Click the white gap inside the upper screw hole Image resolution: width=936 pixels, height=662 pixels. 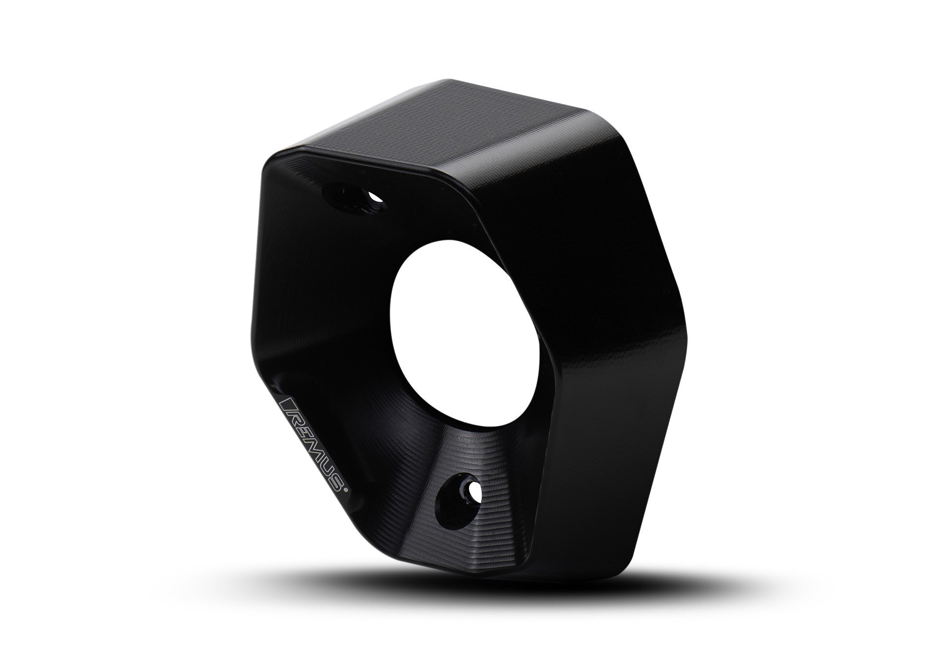tap(375, 198)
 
